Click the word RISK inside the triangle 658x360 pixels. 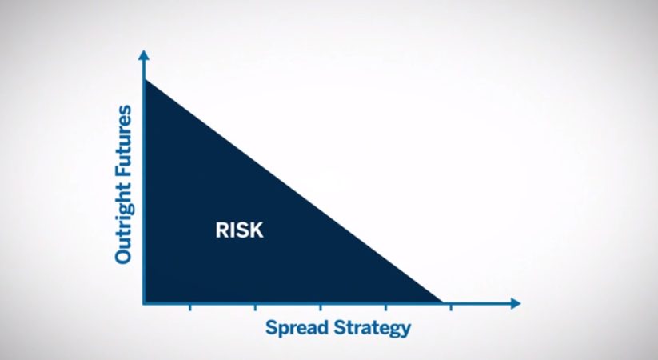pos(239,230)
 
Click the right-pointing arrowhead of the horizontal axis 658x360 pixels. pos(515,303)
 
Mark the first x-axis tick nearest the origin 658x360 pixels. pos(189,307)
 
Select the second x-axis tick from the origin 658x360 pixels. pos(255,307)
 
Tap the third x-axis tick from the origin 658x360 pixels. pos(321,307)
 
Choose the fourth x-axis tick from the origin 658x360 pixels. pos(386,307)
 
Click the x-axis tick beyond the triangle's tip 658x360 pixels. pos(451,307)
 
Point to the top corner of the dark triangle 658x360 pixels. pos(146,82)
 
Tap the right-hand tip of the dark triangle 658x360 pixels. pos(440,301)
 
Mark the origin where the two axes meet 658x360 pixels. pos(144,303)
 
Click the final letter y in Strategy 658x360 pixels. pos(405,330)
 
